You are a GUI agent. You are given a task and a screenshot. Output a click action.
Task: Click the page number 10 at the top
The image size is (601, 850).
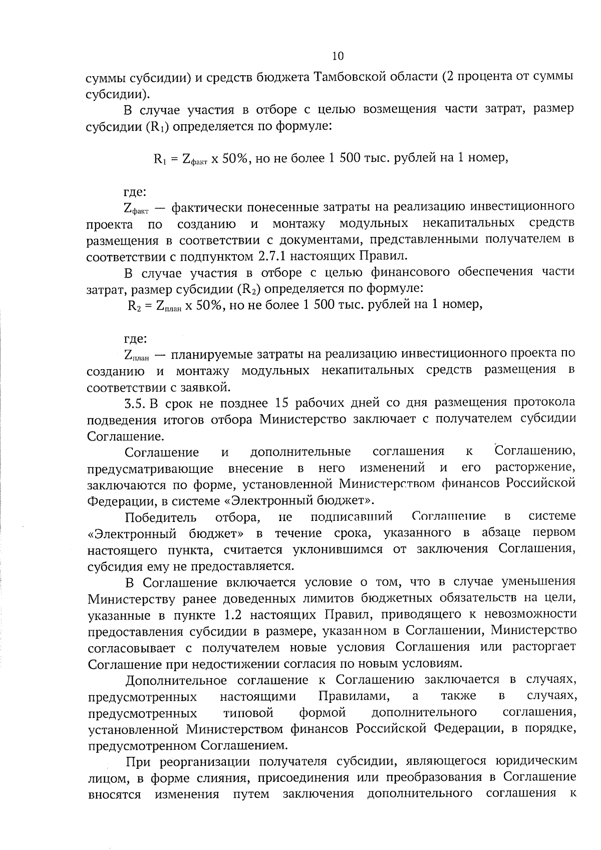pos(338,56)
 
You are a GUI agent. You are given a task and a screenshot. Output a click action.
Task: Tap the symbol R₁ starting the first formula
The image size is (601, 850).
pos(159,159)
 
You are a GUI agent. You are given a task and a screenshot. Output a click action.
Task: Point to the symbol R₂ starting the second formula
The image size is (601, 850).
pos(135,306)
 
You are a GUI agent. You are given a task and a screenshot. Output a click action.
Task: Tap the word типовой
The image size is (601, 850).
pos(248,713)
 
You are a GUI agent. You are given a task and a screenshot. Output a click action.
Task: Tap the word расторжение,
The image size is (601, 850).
pos(535,468)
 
